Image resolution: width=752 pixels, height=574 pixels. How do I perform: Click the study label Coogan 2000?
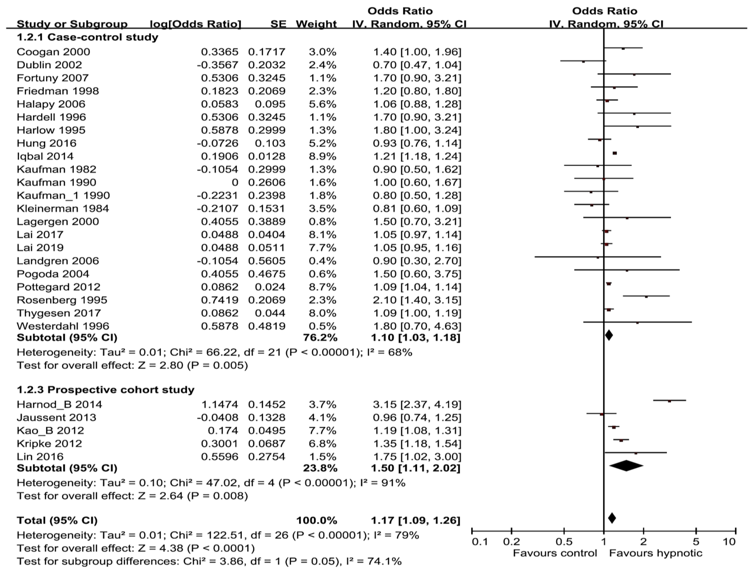(53, 52)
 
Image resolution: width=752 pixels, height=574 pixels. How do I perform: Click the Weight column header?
(316, 24)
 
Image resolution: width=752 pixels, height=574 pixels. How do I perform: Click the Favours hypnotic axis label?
(656, 553)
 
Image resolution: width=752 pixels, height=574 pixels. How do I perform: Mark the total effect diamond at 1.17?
(612, 518)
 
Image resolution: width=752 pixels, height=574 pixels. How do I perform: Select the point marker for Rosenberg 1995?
(646, 297)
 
